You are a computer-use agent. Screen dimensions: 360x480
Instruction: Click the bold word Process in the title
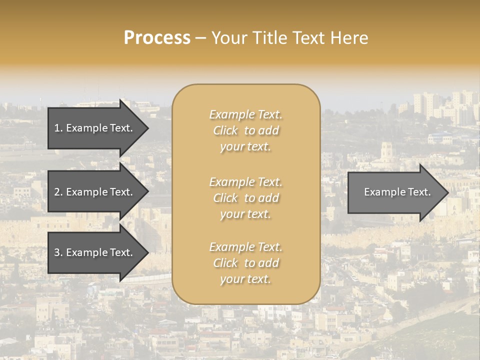[157, 38]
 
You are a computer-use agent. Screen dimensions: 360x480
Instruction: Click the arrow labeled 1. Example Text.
[94, 128]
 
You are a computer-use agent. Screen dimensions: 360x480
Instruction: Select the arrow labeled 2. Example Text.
[94, 192]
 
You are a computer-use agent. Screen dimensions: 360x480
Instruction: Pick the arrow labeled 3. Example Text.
[94, 252]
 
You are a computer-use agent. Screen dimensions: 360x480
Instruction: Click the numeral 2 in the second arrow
[57, 192]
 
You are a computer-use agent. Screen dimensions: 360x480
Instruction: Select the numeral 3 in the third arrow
[57, 252]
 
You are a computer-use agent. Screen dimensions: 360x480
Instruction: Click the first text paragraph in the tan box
[246, 130]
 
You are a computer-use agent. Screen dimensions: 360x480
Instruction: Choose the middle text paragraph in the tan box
[246, 198]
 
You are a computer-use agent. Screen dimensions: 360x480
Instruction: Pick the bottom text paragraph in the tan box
[246, 263]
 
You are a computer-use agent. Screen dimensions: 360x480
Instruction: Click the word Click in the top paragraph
[225, 130]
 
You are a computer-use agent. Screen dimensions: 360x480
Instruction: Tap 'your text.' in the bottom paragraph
[245, 279]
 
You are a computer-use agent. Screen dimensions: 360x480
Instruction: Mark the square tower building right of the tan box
[386, 152]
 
